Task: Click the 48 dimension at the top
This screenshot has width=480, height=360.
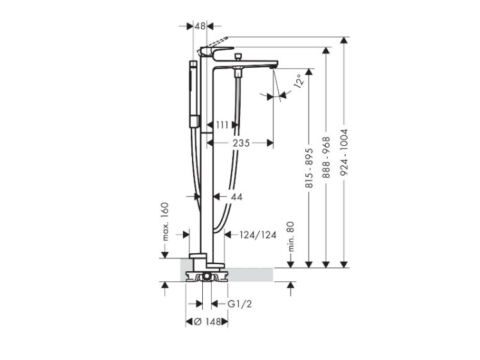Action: click(x=200, y=27)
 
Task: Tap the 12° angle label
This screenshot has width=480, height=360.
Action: click(x=299, y=81)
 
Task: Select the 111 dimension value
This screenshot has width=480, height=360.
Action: click(x=222, y=125)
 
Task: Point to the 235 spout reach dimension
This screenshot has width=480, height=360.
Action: click(x=241, y=143)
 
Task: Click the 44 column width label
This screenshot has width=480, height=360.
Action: click(x=236, y=197)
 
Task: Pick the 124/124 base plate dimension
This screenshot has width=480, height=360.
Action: click(x=258, y=235)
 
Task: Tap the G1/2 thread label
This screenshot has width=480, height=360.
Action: click(x=240, y=304)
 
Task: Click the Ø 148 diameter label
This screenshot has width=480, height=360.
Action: click(x=207, y=322)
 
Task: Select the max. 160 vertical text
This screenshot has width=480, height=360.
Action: click(x=165, y=221)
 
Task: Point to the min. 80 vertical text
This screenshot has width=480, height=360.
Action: click(x=291, y=237)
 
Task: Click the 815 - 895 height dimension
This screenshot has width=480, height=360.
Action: click(x=309, y=168)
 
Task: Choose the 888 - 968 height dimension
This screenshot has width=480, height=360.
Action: click(x=326, y=157)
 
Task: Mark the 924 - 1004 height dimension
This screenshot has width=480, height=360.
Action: click(x=344, y=152)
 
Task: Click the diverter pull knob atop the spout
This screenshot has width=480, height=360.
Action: click(x=237, y=56)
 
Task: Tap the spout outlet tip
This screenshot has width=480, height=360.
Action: click(x=273, y=67)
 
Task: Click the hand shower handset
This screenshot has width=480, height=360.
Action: click(x=193, y=93)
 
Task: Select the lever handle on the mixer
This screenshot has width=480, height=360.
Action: click(x=216, y=52)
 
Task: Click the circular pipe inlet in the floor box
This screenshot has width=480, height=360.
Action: click(x=207, y=276)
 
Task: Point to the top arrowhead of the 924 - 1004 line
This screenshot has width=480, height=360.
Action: click(x=344, y=41)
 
